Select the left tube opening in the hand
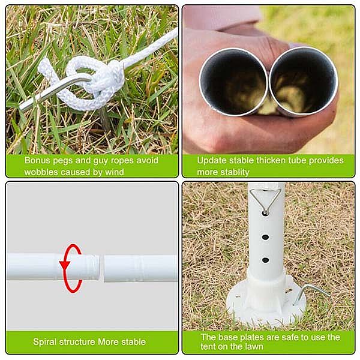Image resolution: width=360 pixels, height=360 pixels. (233, 82)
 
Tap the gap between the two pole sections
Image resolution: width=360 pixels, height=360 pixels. (102, 268)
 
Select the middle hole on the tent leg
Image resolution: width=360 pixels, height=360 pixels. (265, 237)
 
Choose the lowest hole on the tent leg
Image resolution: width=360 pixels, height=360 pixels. (265, 260)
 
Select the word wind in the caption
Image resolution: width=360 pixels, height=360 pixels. (115, 172)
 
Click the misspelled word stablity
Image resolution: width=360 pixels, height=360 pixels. (235, 172)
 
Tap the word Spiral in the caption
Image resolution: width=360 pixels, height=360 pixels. (45, 342)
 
